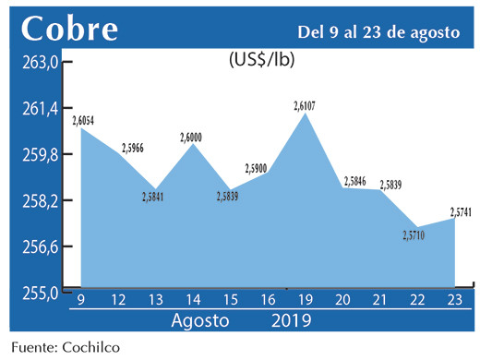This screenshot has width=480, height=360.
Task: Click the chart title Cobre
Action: [x=70, y=30]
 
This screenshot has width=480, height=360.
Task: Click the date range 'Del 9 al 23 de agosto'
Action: [x=378, y=32]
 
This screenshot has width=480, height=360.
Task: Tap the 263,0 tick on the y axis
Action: [x=41, y=64]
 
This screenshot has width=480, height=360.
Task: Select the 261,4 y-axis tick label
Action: [x=41, y=109]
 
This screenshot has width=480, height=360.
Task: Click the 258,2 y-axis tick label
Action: [x=41, y=201]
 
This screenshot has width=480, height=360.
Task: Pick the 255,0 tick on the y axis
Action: [x=41, y=293]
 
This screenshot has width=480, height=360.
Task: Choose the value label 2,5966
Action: [x=132, y=148]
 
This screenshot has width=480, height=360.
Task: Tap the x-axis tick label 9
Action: [x=81, y=302]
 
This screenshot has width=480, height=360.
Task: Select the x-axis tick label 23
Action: [x=456, y=302]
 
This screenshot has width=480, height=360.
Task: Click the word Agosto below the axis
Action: [x=199, y=321]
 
